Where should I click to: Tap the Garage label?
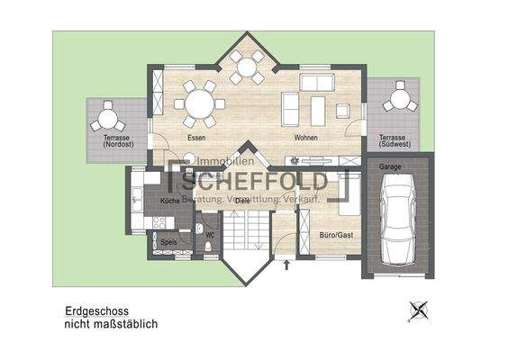click(389, 167)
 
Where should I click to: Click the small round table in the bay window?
click(246, 67)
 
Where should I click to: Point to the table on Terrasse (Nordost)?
click(107, 117)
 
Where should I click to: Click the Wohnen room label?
click(305, 138)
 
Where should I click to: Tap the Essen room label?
click(196, 138)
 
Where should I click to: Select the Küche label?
click(169, 200)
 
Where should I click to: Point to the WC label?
click(209, 235)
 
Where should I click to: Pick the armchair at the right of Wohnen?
click(343, 110)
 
